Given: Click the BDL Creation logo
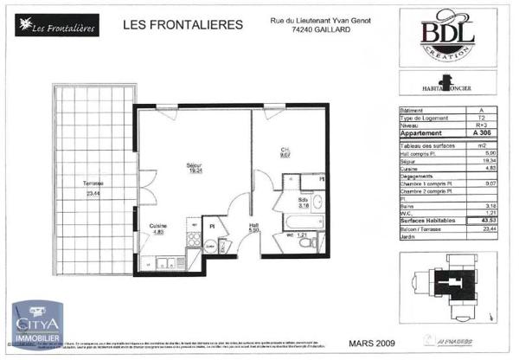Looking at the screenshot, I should pyautogui.click(x=446, y=35).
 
